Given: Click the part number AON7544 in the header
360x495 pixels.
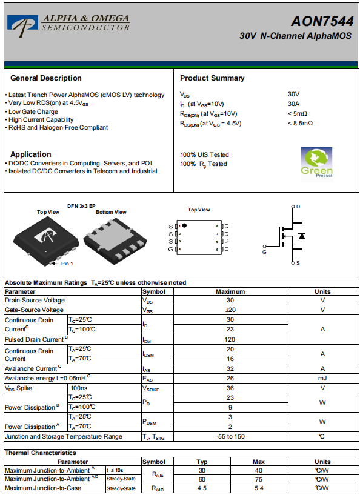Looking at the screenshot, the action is [322, 21].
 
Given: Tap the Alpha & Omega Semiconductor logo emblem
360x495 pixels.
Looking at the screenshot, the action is [23, 26].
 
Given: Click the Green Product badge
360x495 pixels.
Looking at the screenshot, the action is [316, 164].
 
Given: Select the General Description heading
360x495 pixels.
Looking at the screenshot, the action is [46, 78].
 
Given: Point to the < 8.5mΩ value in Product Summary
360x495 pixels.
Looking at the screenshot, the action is [300, 124].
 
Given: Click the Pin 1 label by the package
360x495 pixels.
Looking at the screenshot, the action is [67, 264].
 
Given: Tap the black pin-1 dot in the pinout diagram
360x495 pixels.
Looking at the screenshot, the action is [184, 225].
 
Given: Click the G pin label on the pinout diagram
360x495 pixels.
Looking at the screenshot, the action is [171, 250].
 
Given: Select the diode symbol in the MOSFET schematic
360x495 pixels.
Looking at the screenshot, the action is [302, 236].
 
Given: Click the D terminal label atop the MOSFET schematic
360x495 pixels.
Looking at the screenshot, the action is [298, 207].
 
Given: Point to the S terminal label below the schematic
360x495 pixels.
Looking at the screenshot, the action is [298, 263].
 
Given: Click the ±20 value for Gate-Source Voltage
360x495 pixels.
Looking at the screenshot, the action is [230, 310].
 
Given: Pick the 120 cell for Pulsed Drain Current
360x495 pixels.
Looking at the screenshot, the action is [230, 340].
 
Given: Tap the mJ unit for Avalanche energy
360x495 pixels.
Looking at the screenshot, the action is [322, 378].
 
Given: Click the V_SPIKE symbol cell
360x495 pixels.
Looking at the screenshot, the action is [151, 388].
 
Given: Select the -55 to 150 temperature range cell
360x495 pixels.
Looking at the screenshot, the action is [230, 437].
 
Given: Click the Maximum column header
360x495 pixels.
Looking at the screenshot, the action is [230, 291].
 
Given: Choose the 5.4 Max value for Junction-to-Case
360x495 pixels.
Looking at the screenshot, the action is [259, 488].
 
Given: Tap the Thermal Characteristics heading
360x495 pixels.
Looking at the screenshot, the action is [41, 453].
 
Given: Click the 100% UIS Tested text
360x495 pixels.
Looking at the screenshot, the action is [204, 154].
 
